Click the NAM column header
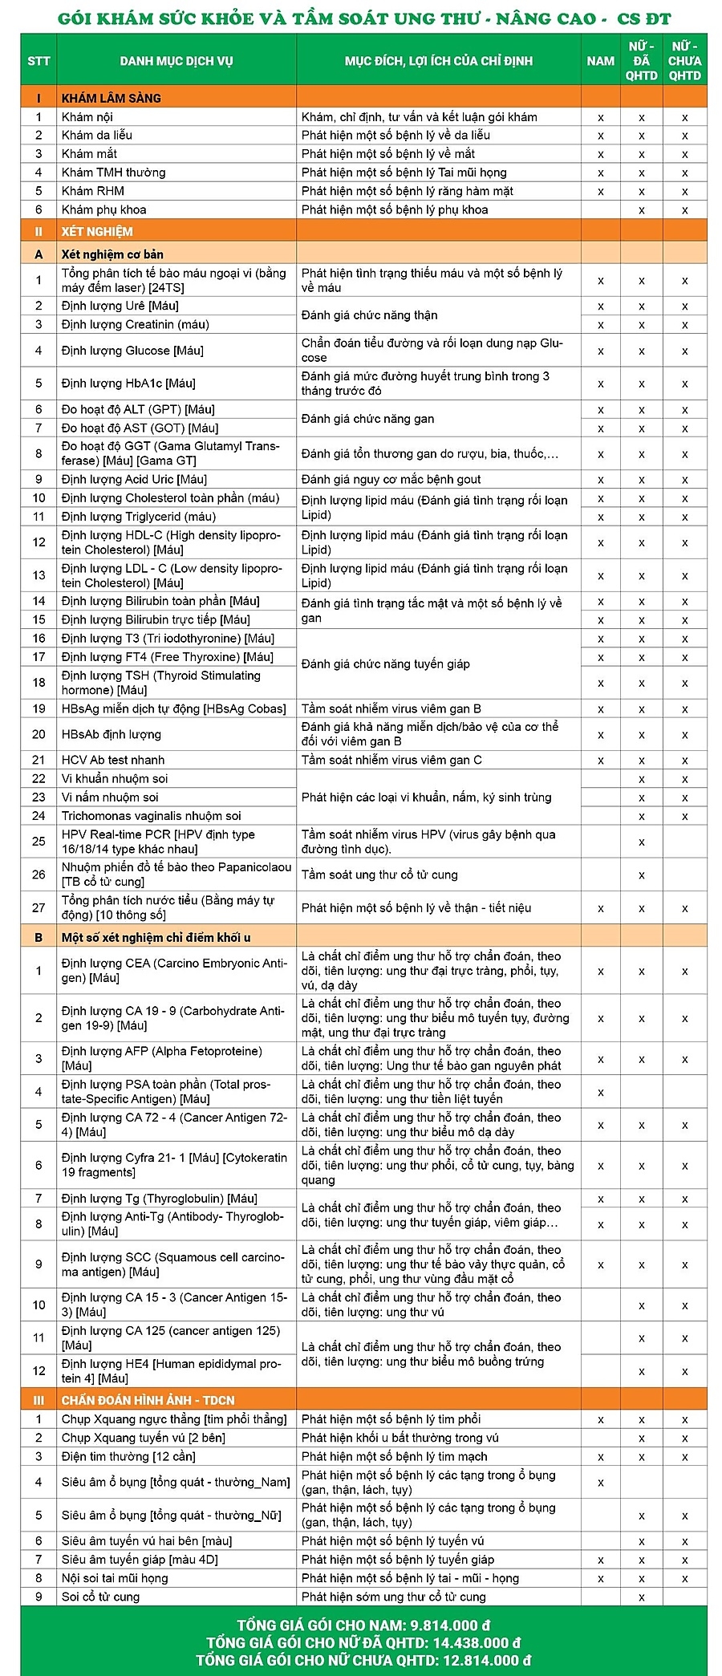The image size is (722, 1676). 600,61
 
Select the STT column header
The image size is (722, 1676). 39,61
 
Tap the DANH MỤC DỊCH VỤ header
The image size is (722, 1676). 176,61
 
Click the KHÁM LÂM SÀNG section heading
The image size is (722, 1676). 112,98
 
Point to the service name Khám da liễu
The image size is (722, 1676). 97,135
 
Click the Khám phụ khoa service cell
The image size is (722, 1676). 104,209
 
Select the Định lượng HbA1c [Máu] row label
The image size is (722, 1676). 128,383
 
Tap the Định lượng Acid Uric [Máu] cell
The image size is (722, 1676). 134,480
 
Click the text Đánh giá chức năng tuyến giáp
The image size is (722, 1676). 386,664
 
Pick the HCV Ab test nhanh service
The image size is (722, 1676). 113,760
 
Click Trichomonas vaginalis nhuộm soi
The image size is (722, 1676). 151,816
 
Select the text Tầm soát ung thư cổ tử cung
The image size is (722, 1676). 379,875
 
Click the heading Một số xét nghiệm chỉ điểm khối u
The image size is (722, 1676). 156,937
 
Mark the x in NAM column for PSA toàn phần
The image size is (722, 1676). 600,1092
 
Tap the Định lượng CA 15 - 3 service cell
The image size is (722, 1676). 174,1305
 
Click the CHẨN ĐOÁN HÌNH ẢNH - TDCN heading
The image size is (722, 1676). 148,1400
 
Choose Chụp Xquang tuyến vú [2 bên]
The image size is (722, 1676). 144,1438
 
